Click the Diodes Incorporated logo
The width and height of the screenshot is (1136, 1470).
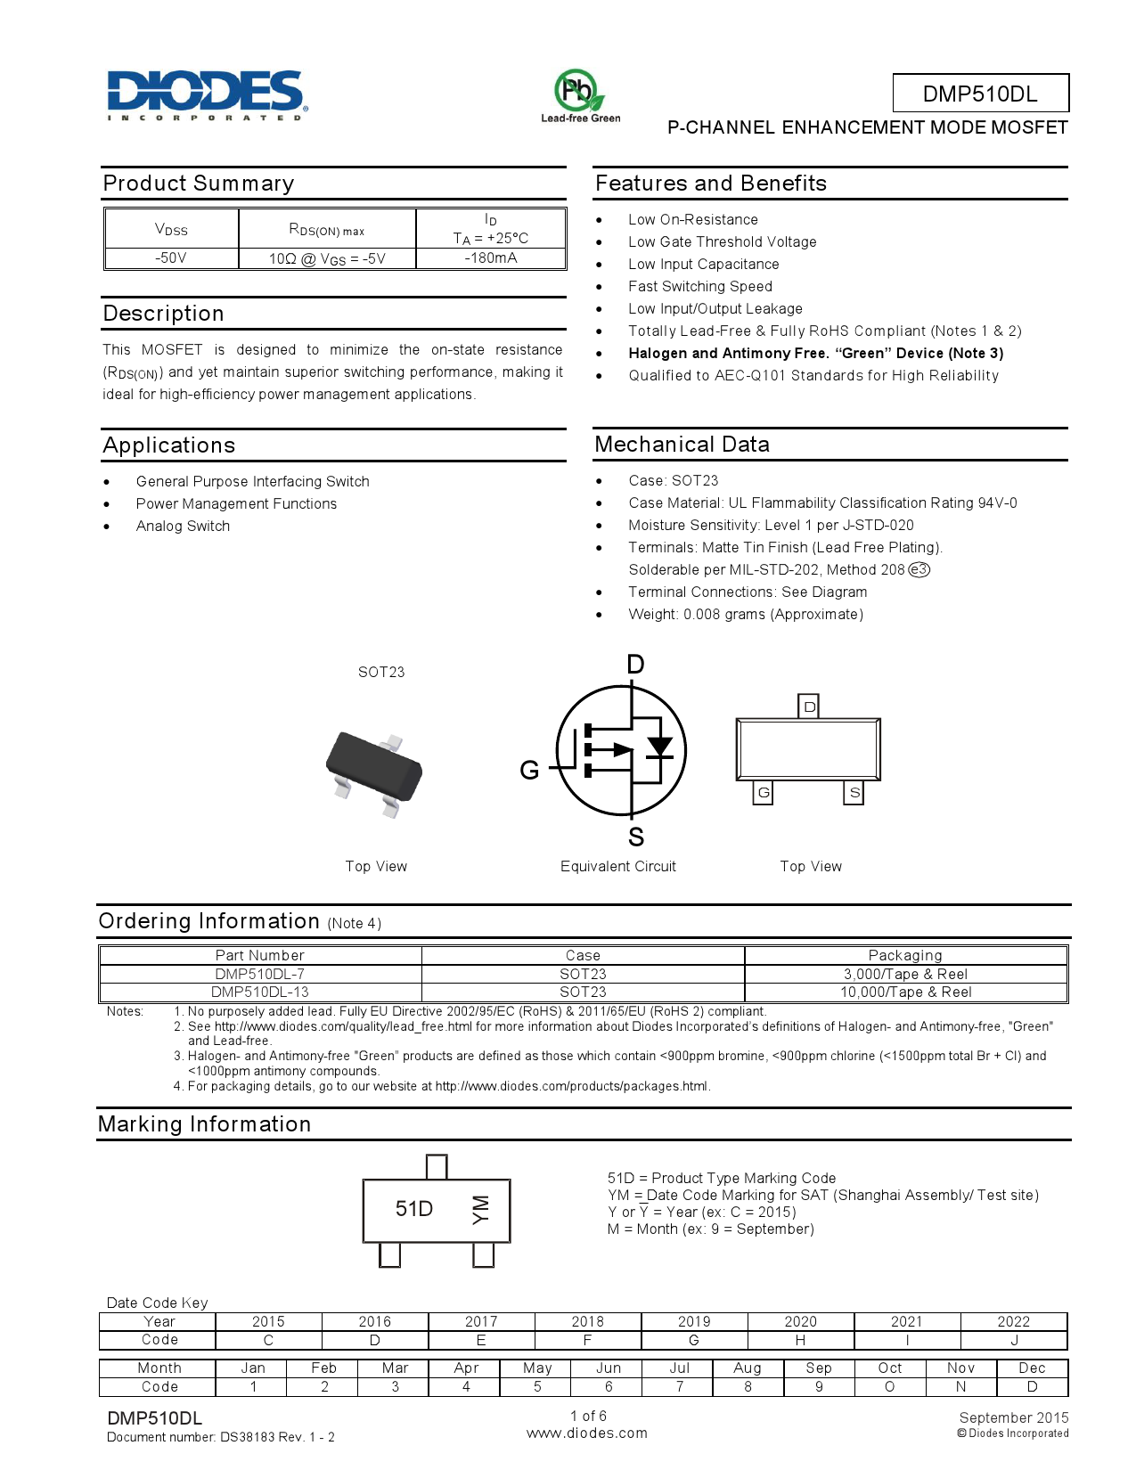click(x=207, y=94)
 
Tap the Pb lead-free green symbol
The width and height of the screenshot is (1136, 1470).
click(x=579, y=93)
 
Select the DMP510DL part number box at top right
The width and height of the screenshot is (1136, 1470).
click(x=980, y=94)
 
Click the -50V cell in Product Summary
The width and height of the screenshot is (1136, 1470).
click(x=171, y=258)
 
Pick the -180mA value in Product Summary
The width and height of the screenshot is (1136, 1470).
click(x=491, y=258)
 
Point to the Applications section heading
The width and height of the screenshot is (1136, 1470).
click(x=169, y=445)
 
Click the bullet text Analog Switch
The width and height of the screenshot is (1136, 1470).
click(x=183, y=527)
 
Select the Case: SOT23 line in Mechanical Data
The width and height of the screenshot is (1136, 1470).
click(x=673, y=481)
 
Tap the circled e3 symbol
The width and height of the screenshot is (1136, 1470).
click(x=919, y=570)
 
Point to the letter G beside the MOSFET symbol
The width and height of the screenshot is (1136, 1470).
click(x=529, y=771)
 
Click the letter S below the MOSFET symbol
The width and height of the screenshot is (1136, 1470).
click(x=635, y=837)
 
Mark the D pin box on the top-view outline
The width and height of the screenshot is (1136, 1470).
click(x=809, y=706)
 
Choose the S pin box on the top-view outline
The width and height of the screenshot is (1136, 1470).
click(x=854, y=792)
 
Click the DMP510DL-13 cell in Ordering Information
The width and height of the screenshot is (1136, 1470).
click(x=260, y=992)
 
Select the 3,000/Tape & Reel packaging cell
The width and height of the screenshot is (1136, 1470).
click(x=905, y=975)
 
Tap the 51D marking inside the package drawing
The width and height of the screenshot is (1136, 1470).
click(x=414, y=1209)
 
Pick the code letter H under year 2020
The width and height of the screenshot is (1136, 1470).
click(x=800, y=1341)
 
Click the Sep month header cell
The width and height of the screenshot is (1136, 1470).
click(x=819, y=1368)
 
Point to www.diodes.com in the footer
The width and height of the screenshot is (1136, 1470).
click(x=587, y=1433)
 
